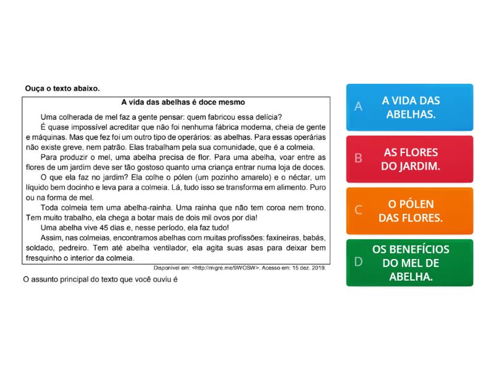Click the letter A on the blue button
click(358, 107)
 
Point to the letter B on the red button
click(358, 158)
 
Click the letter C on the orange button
click(358, 210)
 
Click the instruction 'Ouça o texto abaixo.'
click(62, 88)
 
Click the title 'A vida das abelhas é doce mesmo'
click(183, 102)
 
